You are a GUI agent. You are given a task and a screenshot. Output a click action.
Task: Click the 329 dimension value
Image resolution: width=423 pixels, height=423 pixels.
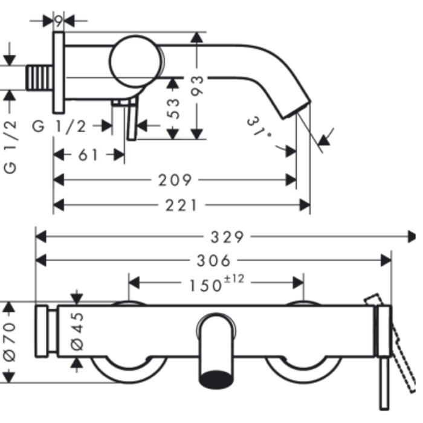click(227, 237)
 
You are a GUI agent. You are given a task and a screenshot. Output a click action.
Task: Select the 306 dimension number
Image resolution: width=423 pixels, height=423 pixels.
click(214, 261)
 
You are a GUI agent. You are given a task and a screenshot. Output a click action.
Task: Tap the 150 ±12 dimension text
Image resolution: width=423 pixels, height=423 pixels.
click(217, 283)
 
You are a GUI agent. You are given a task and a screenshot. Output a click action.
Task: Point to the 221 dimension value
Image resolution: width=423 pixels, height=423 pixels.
click(181, 205)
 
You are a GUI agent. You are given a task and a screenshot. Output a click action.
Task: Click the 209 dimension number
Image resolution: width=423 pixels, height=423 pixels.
click(175, 180)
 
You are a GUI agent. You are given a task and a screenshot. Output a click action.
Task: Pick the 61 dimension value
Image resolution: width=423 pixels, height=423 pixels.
click(88, 155)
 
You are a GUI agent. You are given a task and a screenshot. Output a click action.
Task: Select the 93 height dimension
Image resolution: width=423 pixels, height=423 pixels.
click(197, 86)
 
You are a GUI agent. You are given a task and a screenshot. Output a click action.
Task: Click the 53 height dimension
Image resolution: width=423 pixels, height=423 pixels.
click(173, 108)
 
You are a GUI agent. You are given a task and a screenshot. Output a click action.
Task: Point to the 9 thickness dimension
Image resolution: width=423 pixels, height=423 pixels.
click(58, 20)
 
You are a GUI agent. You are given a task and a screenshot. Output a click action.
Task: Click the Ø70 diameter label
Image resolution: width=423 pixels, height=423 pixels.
click(10, 342)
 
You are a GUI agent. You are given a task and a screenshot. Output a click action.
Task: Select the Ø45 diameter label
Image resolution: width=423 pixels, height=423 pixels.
click(77, 332)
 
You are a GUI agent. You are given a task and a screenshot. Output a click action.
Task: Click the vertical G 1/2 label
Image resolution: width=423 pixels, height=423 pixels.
click(10, 147)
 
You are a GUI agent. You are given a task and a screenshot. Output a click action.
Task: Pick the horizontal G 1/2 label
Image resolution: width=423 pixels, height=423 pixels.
click(59, 126)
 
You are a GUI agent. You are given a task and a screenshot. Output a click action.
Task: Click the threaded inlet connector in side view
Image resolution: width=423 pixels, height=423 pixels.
click(40, 78)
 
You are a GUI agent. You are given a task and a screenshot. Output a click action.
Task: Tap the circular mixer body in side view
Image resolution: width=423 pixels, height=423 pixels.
click(136, 62)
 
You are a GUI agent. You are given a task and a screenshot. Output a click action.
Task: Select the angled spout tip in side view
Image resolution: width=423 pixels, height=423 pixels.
click(297, 110)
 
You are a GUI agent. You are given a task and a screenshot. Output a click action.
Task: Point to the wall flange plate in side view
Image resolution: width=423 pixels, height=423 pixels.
click(59, 73)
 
